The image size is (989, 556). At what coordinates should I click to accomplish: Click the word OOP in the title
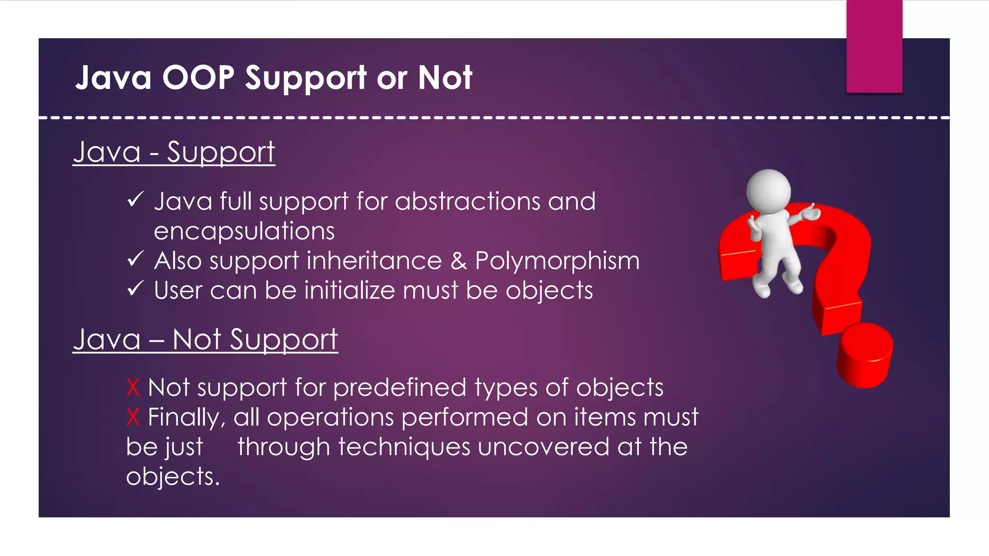coord(198,78)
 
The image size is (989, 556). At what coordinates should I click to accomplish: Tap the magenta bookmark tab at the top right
coord(874,46)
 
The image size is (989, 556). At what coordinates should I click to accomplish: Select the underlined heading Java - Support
coord(174,153)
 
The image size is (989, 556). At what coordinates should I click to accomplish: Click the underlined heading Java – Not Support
coord(205,339)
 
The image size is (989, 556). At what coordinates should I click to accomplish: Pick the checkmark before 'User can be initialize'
coord(135,289)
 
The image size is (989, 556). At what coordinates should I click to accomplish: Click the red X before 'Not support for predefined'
coord(133,388)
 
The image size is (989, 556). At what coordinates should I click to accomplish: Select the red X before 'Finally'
coord(133,417)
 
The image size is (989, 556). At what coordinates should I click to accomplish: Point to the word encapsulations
coord(244,231)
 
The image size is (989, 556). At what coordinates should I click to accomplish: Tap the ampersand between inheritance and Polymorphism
coord(458,261)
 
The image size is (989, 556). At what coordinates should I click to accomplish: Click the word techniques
coord(404,447)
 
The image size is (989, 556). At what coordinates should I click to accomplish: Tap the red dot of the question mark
coord(865,355)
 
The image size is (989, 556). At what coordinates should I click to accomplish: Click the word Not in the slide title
coord(445,78)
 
